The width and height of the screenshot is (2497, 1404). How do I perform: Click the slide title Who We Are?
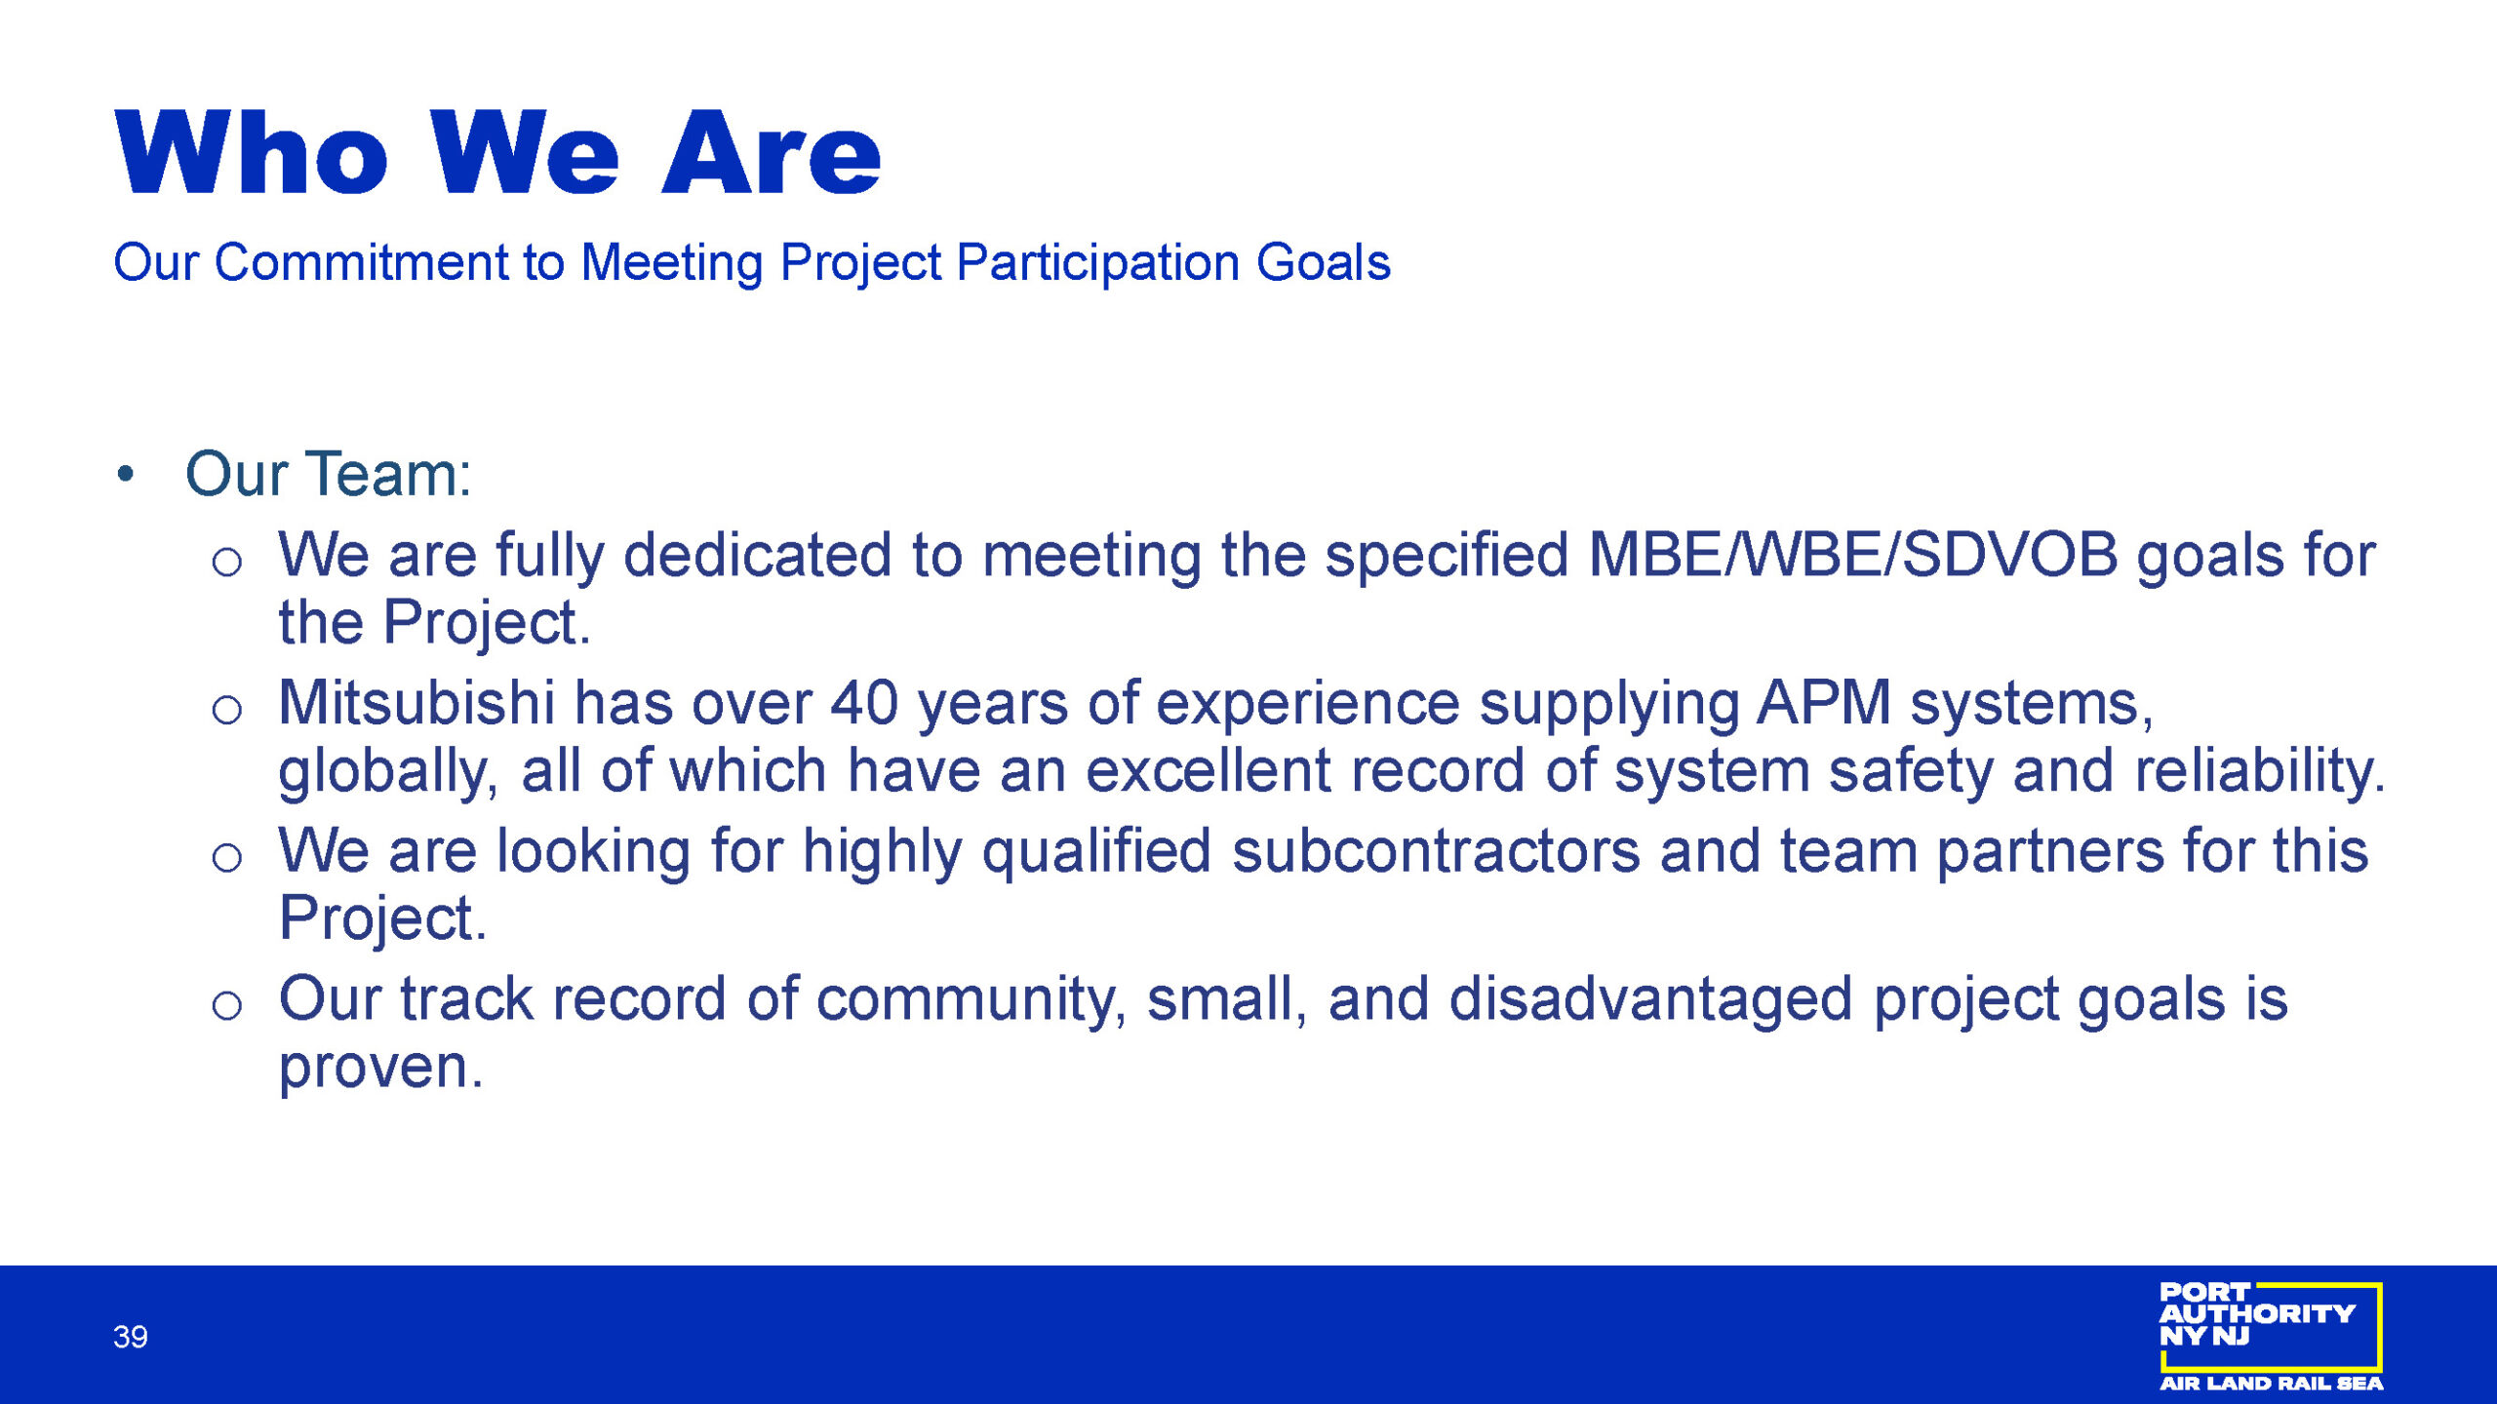click(x=497, y=152)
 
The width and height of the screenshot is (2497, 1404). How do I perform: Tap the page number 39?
click(x=130, y=1337)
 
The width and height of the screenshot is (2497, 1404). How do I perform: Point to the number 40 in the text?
click(x=864, y=703)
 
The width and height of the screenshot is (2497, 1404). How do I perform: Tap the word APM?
click(x=1824, y=703)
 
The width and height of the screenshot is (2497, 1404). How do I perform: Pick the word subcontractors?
click(x=1436, y=850)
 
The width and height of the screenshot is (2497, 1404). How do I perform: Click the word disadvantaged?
click(x=1650, y=999)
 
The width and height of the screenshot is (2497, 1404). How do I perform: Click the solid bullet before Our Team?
click(x=125, y=475)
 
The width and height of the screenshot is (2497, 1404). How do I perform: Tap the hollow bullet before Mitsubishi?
click(x=226, y=709)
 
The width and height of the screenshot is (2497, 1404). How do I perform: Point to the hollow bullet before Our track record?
click(x=226, y=1005)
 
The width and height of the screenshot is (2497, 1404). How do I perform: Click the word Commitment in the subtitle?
click(x=362, y=262)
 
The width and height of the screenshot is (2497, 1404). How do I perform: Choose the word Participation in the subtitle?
click(x=1097, y=263)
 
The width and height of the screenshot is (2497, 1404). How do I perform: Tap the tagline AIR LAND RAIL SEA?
click(x=2271, y=1384)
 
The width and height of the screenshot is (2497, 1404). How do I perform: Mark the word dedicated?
click(x=758, y=555)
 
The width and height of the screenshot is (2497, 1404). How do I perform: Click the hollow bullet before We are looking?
click(x=226, y=857)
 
